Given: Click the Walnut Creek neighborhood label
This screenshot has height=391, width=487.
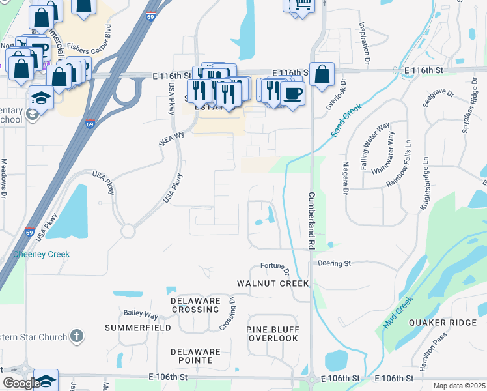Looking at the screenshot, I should (273, 284).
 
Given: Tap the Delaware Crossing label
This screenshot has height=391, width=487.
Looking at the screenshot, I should (195, 305).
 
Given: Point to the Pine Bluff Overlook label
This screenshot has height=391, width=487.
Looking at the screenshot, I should (272, 334).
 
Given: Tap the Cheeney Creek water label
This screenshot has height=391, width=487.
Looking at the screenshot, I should (42, 254).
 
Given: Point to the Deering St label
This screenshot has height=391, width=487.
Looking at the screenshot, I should (335, 263).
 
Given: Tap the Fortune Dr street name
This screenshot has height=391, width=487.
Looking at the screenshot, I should (274, 266).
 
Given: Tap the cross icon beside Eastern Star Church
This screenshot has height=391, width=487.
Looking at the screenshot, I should (77, 336).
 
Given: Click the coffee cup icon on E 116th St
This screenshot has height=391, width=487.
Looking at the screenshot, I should (292, 92).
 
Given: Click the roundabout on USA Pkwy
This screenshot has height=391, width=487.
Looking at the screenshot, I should (128, 231).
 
